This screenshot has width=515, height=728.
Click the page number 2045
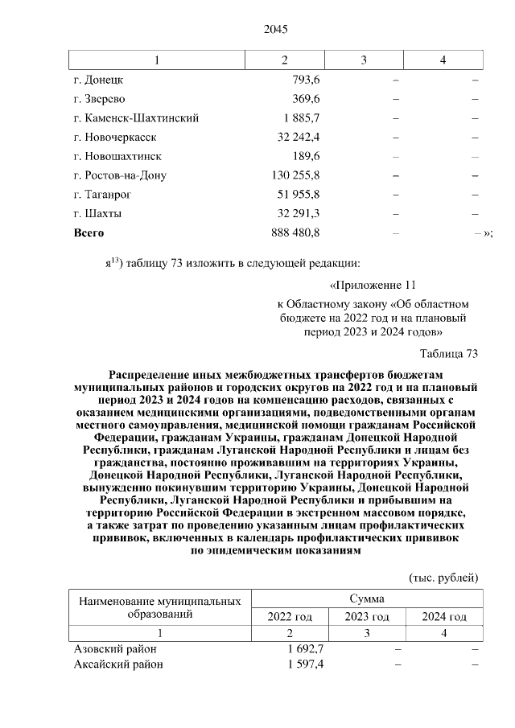pos(275,30)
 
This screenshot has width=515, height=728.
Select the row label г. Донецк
pos(97,80)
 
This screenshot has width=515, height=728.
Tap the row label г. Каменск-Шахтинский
pos(135,118)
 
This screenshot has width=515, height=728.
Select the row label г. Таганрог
pos(102,195)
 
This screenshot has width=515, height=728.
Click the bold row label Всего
pos(89,233)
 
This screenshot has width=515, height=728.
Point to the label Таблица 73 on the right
pos(449,354)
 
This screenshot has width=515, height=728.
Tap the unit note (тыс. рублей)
pos(443,578)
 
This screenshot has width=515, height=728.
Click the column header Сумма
pos(366,599)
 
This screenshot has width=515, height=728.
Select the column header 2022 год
pos(290,617)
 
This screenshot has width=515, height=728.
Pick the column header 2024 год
pos(444,617)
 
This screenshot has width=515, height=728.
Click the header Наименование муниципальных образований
pos(160,607)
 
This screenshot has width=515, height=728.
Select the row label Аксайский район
pos(118,664)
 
